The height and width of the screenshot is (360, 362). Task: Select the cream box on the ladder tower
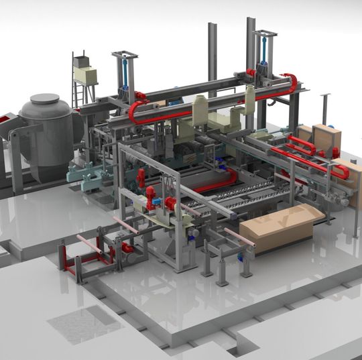(86, 75)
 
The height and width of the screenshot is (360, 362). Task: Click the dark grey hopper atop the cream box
(82, 62)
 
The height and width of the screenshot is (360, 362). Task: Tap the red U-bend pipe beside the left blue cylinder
(137, 110)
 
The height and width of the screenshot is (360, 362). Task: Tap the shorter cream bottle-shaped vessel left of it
(200, 111)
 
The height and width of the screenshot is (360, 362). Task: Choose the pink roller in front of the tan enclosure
(239, 236)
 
